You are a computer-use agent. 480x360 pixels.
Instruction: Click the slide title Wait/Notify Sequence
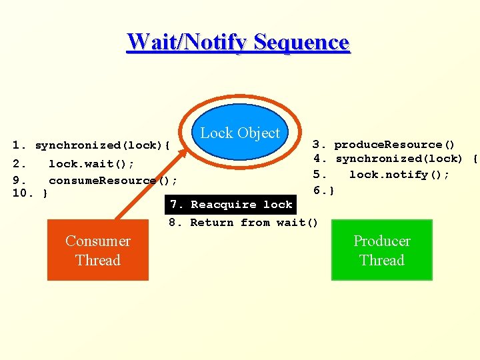click(238, 42)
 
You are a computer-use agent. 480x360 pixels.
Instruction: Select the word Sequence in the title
click(301, 42)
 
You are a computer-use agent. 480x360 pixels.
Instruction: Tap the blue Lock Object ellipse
click(240, 132)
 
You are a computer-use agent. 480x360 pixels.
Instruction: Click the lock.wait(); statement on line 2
click(91, 164)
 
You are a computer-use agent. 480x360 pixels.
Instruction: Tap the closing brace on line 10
click(44, 194)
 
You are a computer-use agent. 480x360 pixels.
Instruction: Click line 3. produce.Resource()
click(384, 145)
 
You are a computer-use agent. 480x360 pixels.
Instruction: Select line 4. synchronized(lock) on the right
click(395, 159)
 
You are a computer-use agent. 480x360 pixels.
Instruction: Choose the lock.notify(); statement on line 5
click(399, 175)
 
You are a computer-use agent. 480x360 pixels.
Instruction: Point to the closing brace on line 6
click(331, 191)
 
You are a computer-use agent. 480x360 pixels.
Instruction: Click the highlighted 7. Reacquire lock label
click(231, 205)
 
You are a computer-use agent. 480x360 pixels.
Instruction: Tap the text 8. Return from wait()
click(244, 223)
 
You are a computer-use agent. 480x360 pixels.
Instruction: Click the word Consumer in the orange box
click(97, 241)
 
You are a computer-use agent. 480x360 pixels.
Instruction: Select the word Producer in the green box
click(381, 241)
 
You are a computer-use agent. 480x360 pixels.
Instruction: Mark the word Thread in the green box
click(381, 261)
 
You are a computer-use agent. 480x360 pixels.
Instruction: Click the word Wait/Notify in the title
click(188, 42)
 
